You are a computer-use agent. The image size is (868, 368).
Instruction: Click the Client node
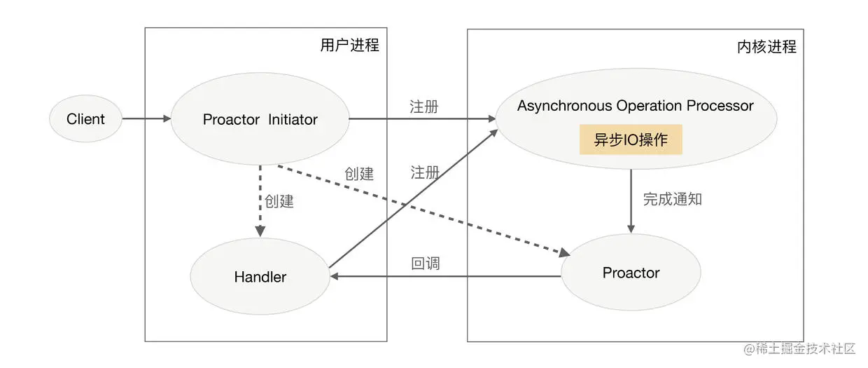pyautogui.click(x=85, y=119)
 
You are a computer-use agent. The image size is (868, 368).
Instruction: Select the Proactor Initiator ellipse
pyautogui.click(x=260, y=120)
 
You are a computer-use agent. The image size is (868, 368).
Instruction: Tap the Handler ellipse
pyautogui.click(x=260, y=277)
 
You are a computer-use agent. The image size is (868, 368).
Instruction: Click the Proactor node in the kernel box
pyautogui.click(x=631, y=273)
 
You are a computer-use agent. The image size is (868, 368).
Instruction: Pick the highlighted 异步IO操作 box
pyautogui.click(x=631, y=140)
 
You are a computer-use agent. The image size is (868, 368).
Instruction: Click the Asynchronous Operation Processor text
pyautogui.click(x=635, y=106)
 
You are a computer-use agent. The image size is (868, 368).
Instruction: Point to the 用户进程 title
pyautogui.click(x=349, y=46)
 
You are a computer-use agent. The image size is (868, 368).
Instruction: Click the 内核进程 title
pyautogui.click(x=766, y=47)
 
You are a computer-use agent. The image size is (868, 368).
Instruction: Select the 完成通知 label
pyautogui.click(x=672, y=199)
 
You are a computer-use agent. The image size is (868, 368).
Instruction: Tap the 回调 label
pyautogui.click(x=426, y=265)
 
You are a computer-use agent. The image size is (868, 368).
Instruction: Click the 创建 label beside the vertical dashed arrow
pyautogui.click(x=279, y=201)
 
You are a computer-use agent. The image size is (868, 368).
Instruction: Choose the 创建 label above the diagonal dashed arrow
pyautogui.click(x=359, y=174)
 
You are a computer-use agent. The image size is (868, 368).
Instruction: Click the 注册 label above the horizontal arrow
pyautogui.click(x=424, y=107)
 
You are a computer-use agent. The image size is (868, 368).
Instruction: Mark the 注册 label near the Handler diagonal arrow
pyautogui.click(x=425, y=172)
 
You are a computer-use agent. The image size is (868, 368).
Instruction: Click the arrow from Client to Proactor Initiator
pyautogui.click(x=146, y=119)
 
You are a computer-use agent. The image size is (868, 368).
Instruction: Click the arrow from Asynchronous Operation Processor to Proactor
pyautogui.click(x=631, y=200)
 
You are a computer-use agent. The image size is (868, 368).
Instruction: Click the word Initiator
pyautogui.click(x=293, y=120)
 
